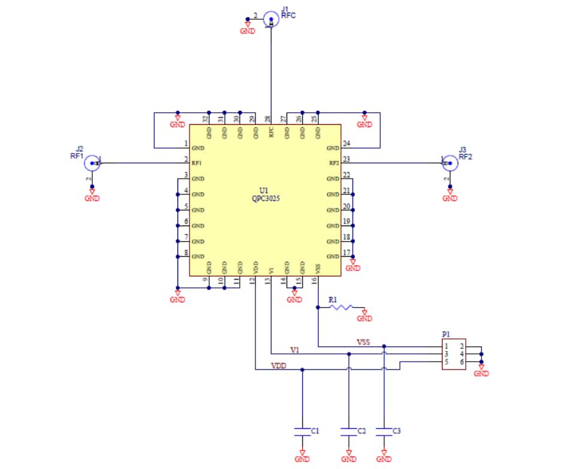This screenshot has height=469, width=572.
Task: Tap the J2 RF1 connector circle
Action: pyautogui.click(x=92, y=163)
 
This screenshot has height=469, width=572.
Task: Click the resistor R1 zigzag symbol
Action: pyautogui.click(x=342, y=307)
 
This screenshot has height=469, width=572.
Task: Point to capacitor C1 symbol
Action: pyautogui.click(x=302, y=431)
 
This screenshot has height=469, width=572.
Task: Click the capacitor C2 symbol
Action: pyautogui.click(x=348, y=431)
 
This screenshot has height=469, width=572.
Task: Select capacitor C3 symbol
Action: pyautogui.click(x=384, y=431)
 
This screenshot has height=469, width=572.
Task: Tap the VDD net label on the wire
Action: pyautogui.click(x=279, y=365)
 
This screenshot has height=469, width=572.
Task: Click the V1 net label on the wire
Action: pyautogui.click(x=295, y=350)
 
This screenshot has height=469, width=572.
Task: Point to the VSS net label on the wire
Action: pyautogui.click(x=363, y=342)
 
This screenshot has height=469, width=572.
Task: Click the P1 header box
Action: pyautogui.click(x=454, y=354)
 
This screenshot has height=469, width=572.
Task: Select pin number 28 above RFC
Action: pyautogui.click(x=267, y=119)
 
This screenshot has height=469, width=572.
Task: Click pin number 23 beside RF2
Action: pyautogui.click(x=346, y=160)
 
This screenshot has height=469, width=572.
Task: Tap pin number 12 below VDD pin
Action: pyautogui.click(x=252, y=281)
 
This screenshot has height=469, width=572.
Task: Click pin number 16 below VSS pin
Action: pyautogui.click(x=314, y=281)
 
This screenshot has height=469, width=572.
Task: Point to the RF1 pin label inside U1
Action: pyautogui.click(x=197, y=163)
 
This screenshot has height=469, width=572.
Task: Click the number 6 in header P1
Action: pyautogui.click(x=462, y=362)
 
